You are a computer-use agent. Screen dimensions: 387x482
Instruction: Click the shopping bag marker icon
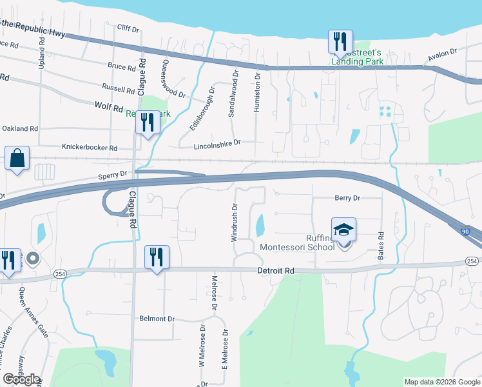point(17,158)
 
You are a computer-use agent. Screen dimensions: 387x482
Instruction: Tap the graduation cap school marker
point(343,230)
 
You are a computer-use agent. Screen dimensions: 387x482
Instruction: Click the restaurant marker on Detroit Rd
point(157,257)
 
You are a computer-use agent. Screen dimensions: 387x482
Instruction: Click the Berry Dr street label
point(347,198)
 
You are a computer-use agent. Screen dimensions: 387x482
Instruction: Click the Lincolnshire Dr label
point(217,142)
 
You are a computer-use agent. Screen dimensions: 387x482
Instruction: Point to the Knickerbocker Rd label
point(90,148)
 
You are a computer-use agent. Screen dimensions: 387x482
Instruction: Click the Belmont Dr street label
point(157,319)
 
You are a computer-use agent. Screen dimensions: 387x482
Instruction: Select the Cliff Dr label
point(128,28)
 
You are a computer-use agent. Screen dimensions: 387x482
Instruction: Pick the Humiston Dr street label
point(256,92)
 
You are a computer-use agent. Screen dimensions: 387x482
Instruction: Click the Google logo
point(21,379)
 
